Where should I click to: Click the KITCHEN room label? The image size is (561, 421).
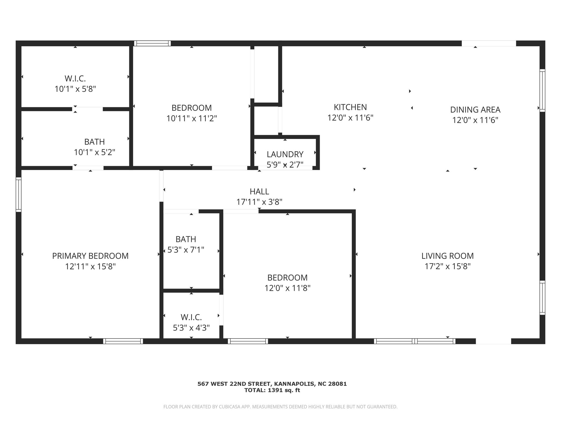[x=350, y=107]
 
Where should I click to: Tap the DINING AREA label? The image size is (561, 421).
[x=475, y=110]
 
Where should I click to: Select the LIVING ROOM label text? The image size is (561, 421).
[x=448, y=256]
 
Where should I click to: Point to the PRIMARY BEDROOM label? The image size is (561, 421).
[x=90, y=256]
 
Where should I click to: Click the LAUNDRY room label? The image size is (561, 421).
[x=285, y=154]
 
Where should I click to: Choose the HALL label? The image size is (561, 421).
[x=259, y=191]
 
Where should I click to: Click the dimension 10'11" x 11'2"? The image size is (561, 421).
[x=192, y=118]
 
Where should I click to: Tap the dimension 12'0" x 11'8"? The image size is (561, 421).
[x=287, y=288]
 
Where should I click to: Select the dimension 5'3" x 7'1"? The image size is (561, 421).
[x=186, y=250]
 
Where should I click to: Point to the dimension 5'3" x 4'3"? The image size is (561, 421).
[x=191, y=328]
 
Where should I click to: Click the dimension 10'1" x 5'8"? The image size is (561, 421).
[x=75, y=89]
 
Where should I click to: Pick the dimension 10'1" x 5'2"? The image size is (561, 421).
[x=95, y=152]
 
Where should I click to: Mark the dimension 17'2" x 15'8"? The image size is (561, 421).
[x=448, y=266]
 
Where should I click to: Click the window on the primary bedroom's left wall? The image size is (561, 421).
[x=18, y=194]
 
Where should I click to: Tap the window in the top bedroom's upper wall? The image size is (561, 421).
[x=152, y=43]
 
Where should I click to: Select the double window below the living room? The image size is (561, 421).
[x=415, y=341]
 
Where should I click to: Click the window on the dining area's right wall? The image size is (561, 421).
[x=542, y=90]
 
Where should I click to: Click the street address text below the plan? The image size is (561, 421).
[x=272, y=384]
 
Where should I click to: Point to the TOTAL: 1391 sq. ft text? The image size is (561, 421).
[x=272, y=390]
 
